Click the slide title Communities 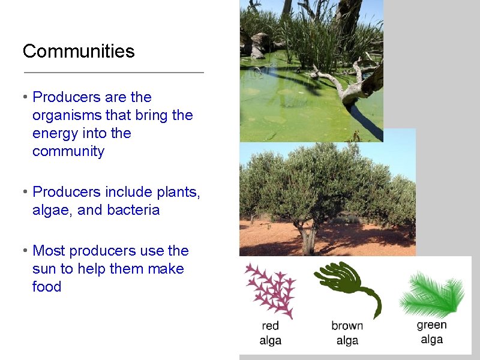(79, 51)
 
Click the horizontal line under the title (113, 73)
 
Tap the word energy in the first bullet (56, 133)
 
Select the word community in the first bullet (68, 151)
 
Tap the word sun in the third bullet (44, 269)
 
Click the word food (47, 287)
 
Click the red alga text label (271, 334)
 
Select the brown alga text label (347, 333)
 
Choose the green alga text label (432, 332)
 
